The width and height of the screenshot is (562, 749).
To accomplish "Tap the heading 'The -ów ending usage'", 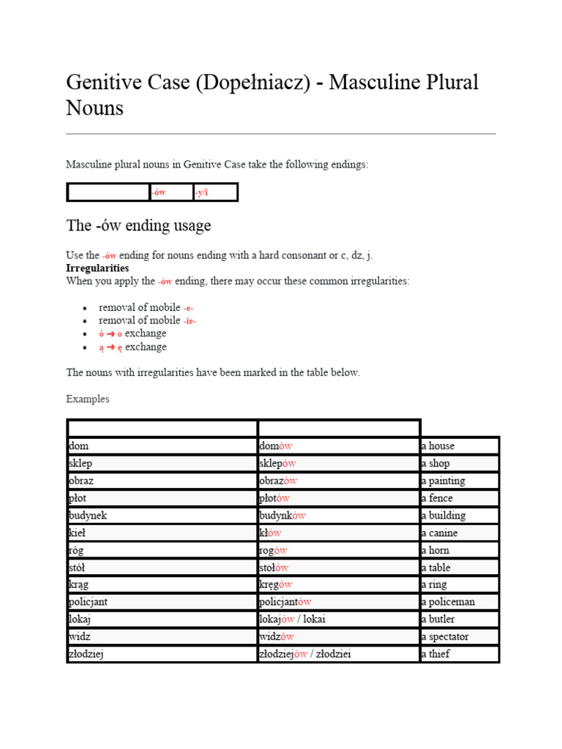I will click(x=138, y=225).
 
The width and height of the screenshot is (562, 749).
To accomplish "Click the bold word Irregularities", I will click(x=97, y=268).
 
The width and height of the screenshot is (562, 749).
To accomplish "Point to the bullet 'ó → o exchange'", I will click(x=132, y=334).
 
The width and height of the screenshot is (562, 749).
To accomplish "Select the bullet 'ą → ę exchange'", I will click(x=132, y=347).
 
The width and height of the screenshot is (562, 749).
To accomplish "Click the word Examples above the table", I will click(x=88, y=399).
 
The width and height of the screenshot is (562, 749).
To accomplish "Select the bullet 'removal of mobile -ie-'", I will click(x=147, y=320).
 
